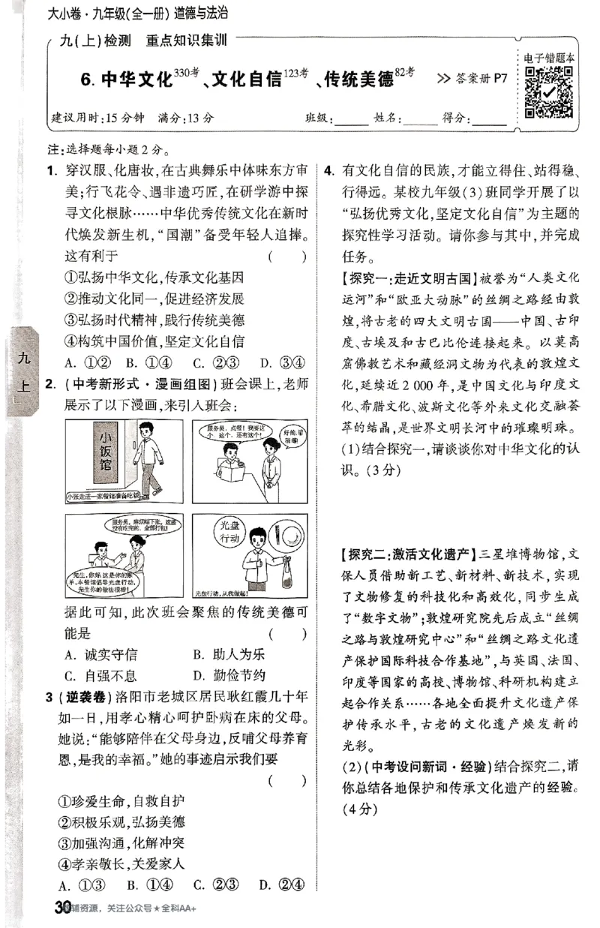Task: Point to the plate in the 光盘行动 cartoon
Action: pyautogui.click(x=282, y=542)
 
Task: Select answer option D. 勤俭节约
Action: pyautogui.click(x=229, y=653)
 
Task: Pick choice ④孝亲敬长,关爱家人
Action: pyautogui.click(x=121, y=863)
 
